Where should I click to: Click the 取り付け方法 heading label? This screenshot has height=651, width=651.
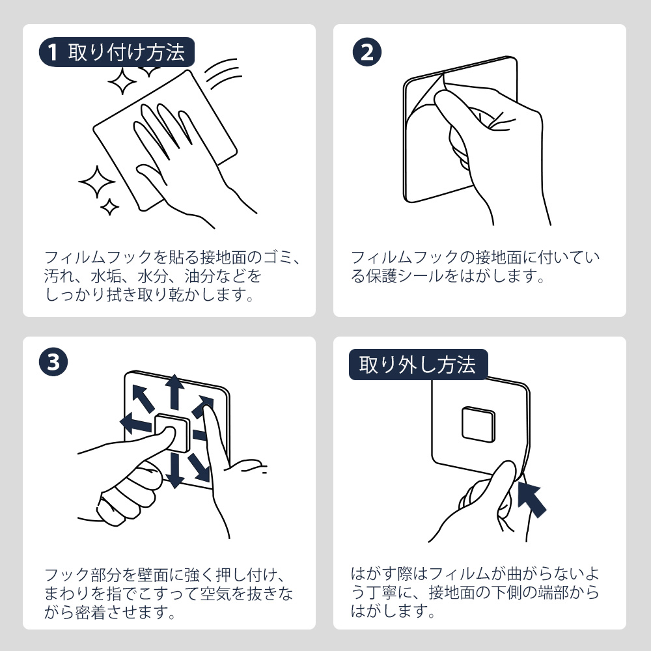(x=126, y=52)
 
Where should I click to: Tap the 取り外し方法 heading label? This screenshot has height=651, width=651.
(x=417, y=365)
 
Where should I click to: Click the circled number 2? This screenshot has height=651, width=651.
(x=367, y=52)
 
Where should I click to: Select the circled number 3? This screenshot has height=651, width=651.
(x=53, y=362)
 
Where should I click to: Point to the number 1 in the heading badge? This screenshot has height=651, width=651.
(x=52, y=53)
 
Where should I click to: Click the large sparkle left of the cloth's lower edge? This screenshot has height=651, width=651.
(x=97, y=182)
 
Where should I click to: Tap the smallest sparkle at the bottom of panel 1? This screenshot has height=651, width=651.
(x=109, y=207)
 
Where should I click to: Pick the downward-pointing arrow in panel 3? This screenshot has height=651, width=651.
(x=174, y=471)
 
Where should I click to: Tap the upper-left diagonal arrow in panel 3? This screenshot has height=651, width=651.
(x=143, y=398)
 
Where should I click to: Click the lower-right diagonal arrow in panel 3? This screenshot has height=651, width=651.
(x=199, y=467)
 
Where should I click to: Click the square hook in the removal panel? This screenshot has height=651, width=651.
(x=478, y=424)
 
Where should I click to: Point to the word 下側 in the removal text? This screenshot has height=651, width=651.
(x=507, y=592)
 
